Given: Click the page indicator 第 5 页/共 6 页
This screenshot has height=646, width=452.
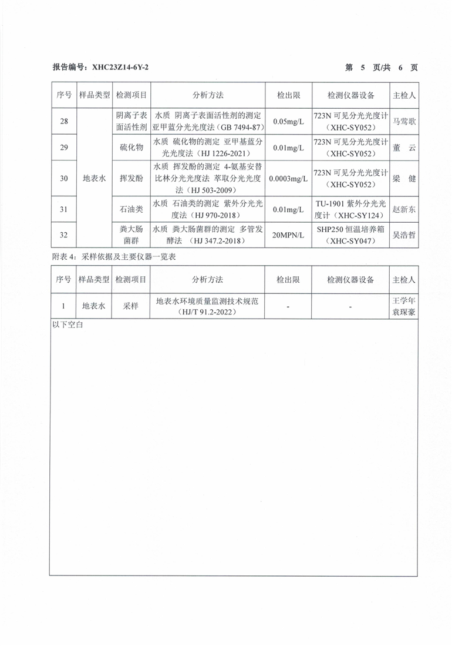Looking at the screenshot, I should (x=382, y=68).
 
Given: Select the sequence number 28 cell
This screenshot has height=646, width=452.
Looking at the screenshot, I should (x=63, y=121).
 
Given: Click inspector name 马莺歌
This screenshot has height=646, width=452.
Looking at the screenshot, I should (x=404, y=121).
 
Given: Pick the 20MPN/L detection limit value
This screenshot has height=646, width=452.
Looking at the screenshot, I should (x=289, y=235).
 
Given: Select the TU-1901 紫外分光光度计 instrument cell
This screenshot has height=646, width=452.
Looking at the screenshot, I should (x=350, y=209).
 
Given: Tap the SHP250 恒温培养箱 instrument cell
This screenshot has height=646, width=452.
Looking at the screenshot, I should (x=350, y=235).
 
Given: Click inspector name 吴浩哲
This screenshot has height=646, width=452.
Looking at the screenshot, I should (x=404, y=235).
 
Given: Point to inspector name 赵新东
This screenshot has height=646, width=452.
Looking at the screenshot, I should (x=404, y=209).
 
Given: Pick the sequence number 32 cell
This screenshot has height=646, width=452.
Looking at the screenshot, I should (x=63, y=235).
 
